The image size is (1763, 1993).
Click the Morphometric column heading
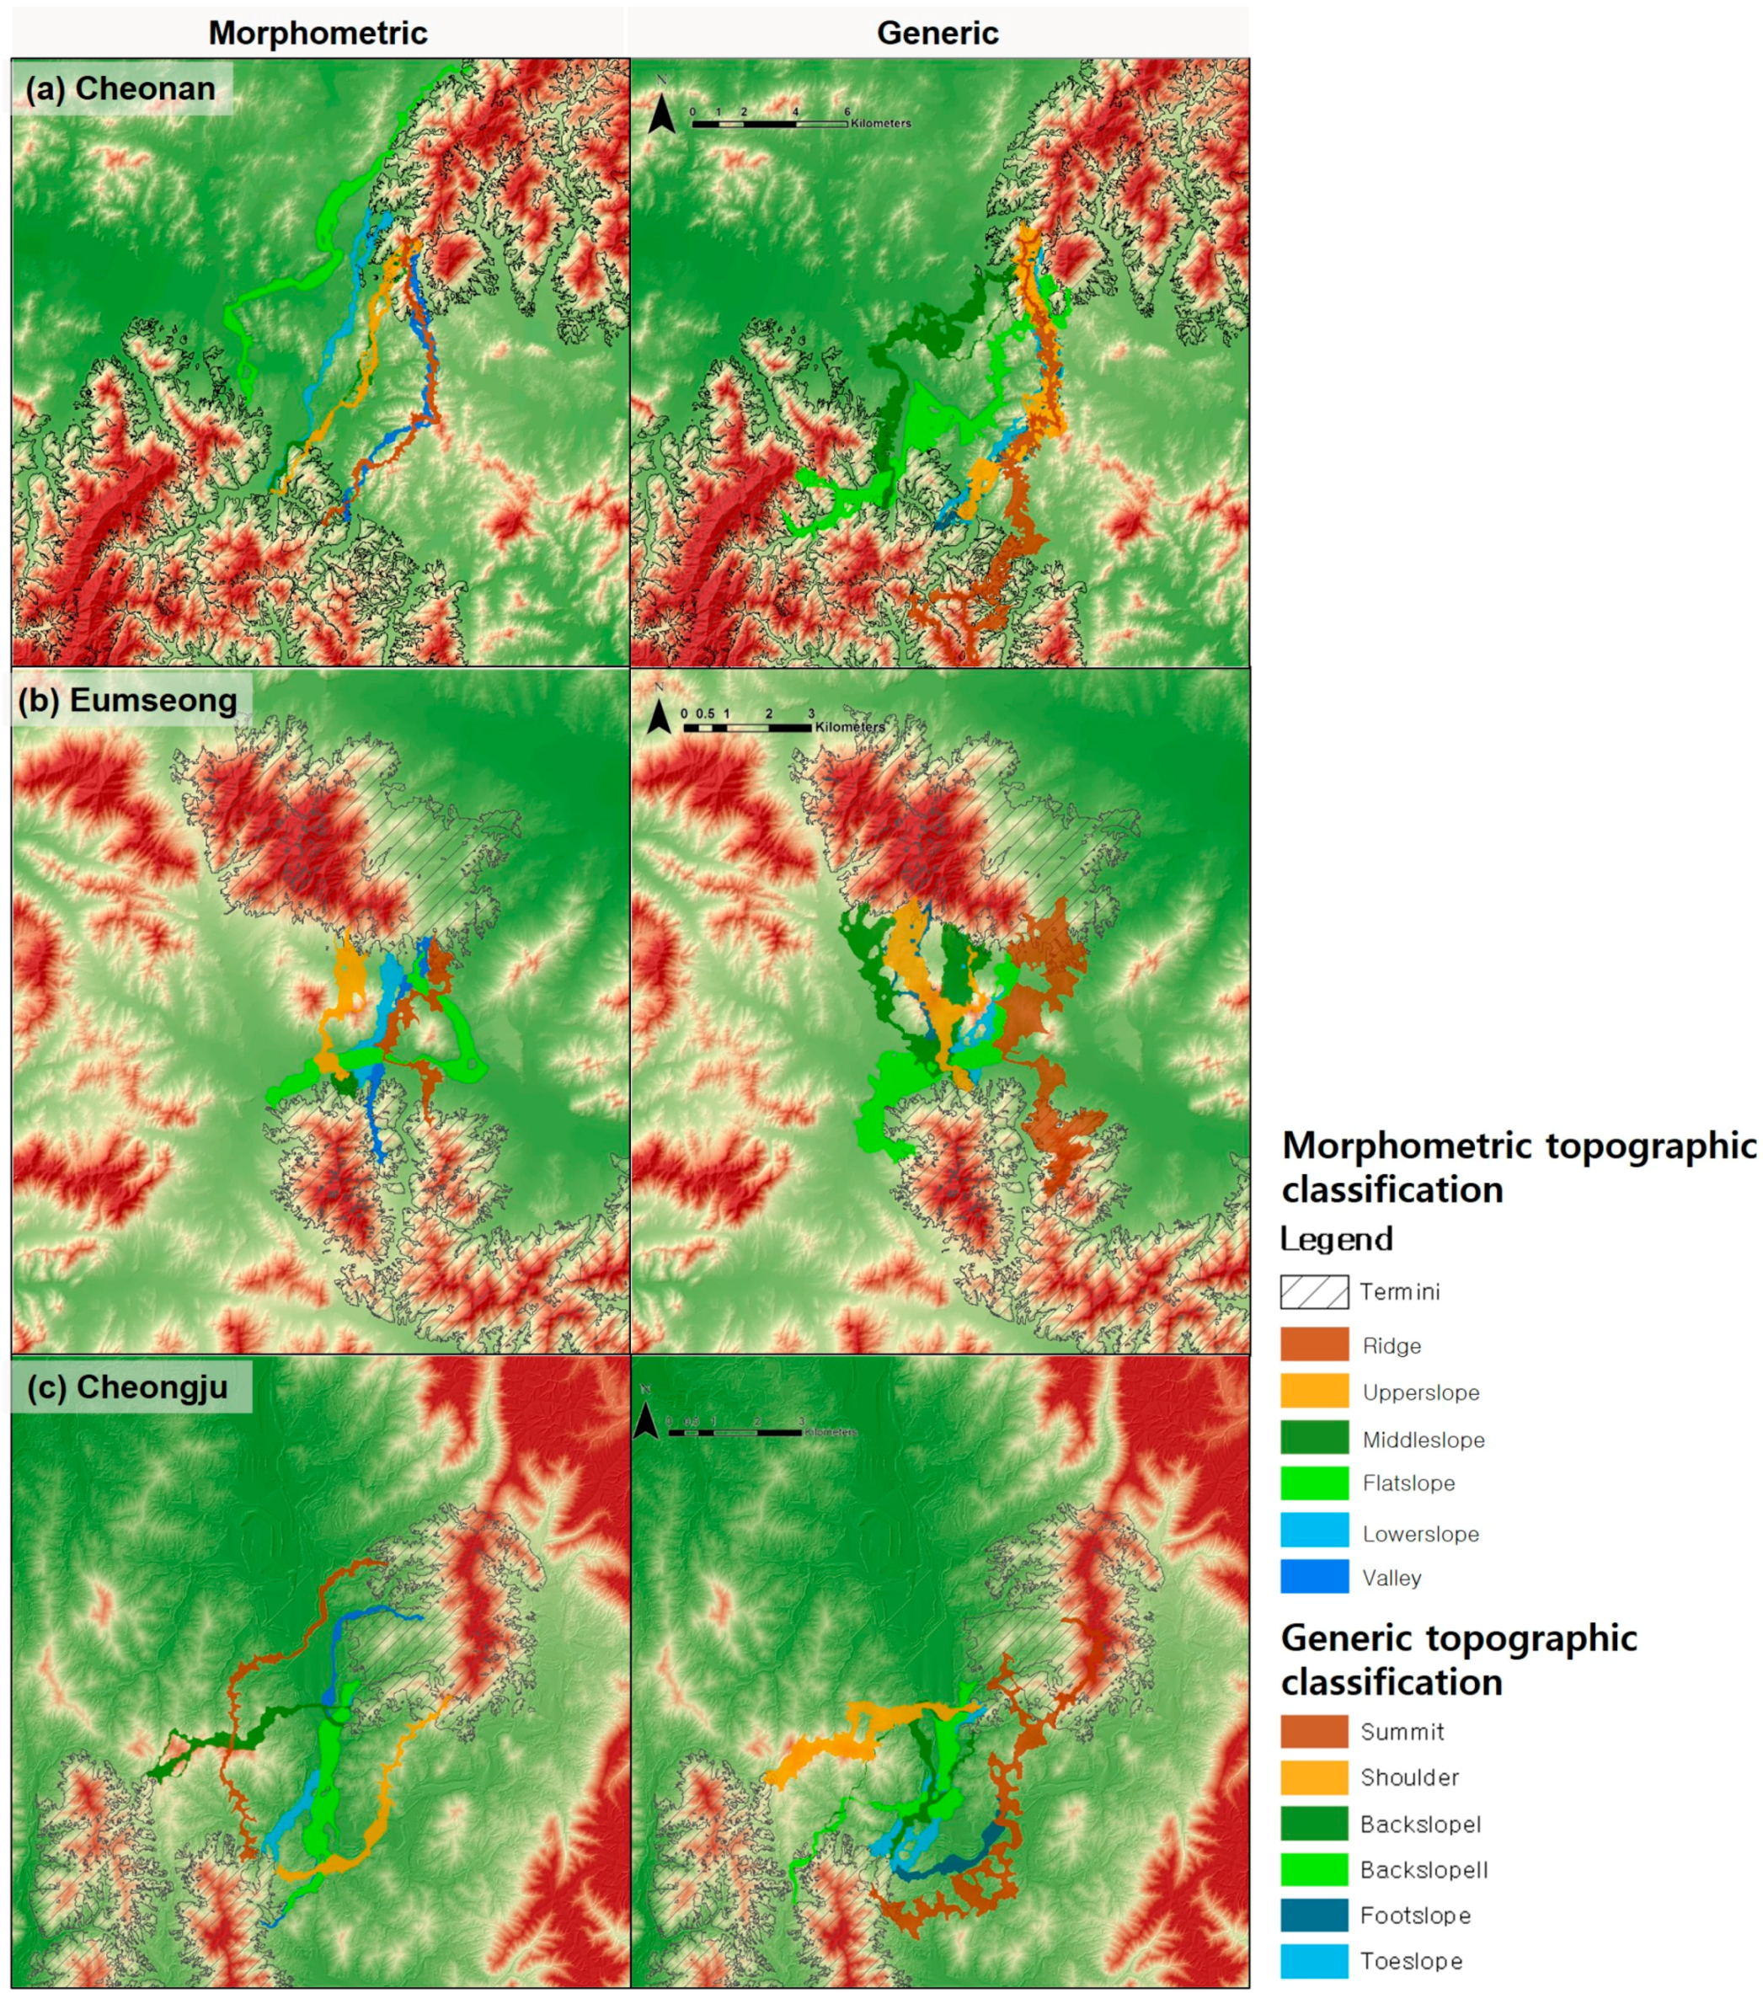point(318,33)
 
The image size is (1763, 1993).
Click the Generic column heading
point(937,33)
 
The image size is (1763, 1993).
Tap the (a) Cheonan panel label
point(121,88)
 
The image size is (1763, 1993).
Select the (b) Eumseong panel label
point(128,700)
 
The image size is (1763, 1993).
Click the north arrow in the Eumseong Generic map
point(660,718)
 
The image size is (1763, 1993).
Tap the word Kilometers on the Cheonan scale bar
point(880,124)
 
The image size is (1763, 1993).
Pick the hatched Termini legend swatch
point(1313,1292)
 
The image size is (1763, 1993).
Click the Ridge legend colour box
point(1313,1344)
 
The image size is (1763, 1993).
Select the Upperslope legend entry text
point(1421,1392)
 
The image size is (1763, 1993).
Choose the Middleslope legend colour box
point(1313,1438)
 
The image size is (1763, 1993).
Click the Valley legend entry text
point(1392,1578)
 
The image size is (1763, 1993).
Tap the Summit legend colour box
point(1313,1731)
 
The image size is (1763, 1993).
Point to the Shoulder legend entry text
point(1409,1777)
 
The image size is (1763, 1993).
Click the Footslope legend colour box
point(1313,1915)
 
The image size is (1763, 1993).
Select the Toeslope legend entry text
point(1410,1961)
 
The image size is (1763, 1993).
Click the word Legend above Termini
point(1336,1239)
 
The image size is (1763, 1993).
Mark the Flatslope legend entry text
point(1408,1483)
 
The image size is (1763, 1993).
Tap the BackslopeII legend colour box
point(1313,1869)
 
